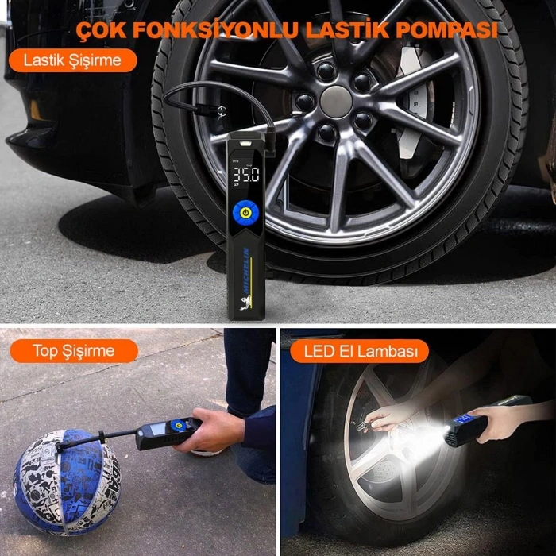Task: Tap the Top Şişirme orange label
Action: pos(73,350)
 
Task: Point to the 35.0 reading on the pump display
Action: pos(245,174)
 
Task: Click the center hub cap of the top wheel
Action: pos(335,101)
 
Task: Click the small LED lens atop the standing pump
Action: pos(245,142)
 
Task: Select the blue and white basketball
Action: pos(64,481)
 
